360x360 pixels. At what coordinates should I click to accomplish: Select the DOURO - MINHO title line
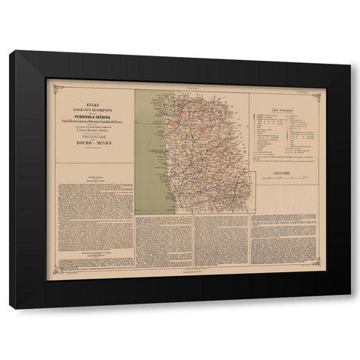(x=91, y=139)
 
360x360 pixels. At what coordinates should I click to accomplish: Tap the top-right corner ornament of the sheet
(x=317, y=95)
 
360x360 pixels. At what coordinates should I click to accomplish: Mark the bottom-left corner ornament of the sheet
(x=52, y=273)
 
